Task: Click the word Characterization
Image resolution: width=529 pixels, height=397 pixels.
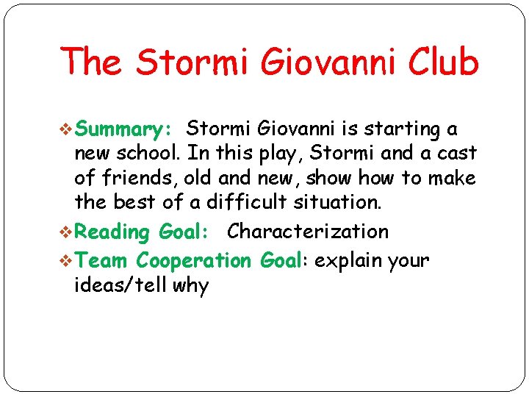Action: (x=308, y=232)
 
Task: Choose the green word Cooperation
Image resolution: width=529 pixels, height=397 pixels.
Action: (x=194, y=260)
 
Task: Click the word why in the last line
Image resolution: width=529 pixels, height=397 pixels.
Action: (x=191, y=286)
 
